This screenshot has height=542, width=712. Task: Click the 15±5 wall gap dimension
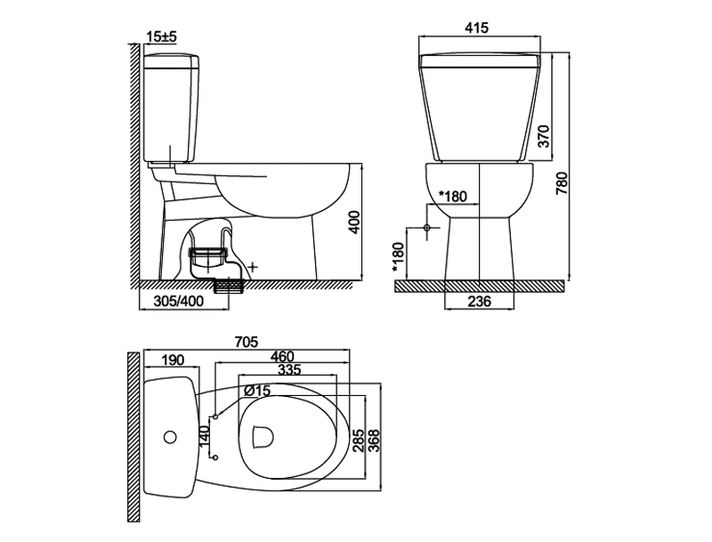tap(162, 36)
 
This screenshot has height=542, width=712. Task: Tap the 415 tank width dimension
tap(477, 28)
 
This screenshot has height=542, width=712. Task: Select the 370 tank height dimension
tap(543, 136)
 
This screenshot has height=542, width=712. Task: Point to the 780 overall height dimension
tap(562, 182)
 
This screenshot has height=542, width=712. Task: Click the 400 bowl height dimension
tap(355, 222)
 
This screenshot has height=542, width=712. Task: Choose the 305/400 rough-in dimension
tap(179, 301)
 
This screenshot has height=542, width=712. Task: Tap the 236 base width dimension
tap(479, 301)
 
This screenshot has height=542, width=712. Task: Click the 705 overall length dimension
tap(247, 342)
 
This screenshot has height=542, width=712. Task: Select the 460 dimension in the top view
tap(282, 356)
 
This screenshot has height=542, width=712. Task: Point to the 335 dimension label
tap(289, 369)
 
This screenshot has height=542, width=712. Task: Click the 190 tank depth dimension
tap(173, 360)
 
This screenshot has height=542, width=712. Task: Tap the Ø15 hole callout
tap(256, 390)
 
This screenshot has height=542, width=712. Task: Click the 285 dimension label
tap(359, 440)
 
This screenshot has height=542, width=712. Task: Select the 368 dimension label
tap(374, 440)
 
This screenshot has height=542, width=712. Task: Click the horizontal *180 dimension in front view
tap(452, 196)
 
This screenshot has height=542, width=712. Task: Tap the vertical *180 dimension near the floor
tap(398, 258)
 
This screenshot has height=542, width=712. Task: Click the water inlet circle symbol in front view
tap(427, 227)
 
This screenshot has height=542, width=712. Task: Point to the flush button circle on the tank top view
tap(170, 437)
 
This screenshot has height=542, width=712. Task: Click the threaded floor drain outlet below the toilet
tap(229, 287)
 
